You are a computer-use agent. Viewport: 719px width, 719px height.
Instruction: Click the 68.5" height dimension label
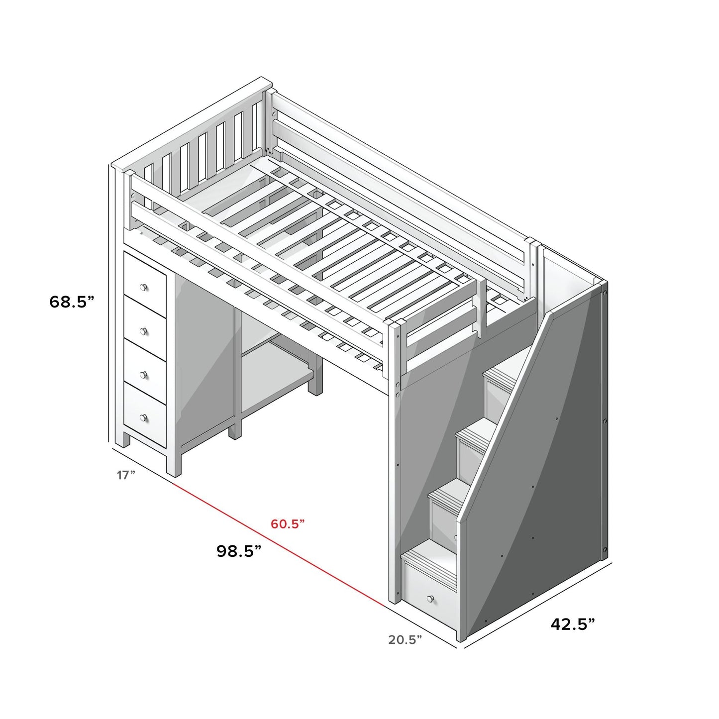pyautogui.click(x=72, y=302)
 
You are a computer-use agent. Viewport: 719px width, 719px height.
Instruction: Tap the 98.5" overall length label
pyautogui.click(x=239, y=551)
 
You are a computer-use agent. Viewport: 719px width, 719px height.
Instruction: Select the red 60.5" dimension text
pyautogui.click(x=288, y=524)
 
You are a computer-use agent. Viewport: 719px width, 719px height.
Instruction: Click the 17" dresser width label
pyautogui.click(x=126, y=475)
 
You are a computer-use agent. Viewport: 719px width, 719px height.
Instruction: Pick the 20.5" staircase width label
pyautogui.click(x=405, y=639)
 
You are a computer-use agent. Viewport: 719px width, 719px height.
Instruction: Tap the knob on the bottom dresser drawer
pyautogui.click(x=144, y=417)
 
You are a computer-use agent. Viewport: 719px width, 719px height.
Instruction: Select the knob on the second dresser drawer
pyautogui.click(x=144, y=330)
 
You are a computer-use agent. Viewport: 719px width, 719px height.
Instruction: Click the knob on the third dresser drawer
pyautogui.click(x=144, y=374)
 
